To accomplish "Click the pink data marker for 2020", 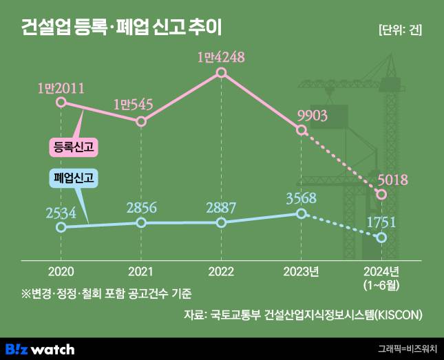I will [61, 103].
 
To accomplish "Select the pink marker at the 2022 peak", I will [221, 72].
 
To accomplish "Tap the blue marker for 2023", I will [301, 213].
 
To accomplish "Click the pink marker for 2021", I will [141, 122].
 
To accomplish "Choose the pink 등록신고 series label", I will [72, 147].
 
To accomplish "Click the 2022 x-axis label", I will [221, 271].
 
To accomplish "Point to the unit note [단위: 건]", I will [400, 30].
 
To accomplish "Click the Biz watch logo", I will [39, 348].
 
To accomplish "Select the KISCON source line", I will [303, 315].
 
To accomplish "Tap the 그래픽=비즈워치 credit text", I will [407, 349].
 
